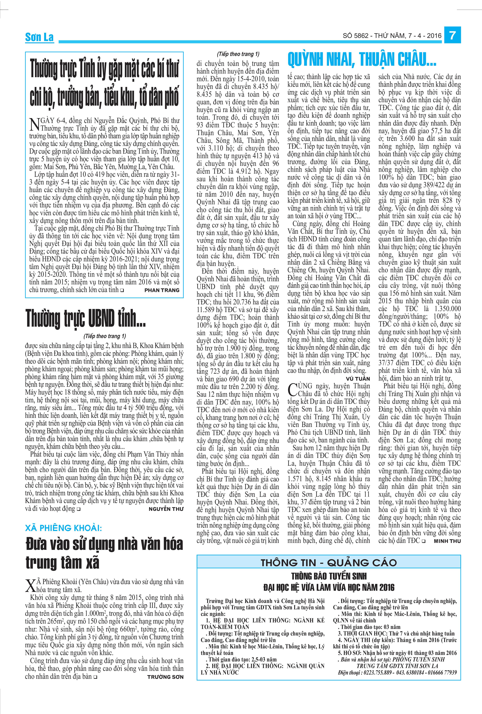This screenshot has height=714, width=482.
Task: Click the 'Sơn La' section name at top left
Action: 39,37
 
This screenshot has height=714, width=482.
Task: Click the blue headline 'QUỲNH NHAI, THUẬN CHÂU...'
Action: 362,60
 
